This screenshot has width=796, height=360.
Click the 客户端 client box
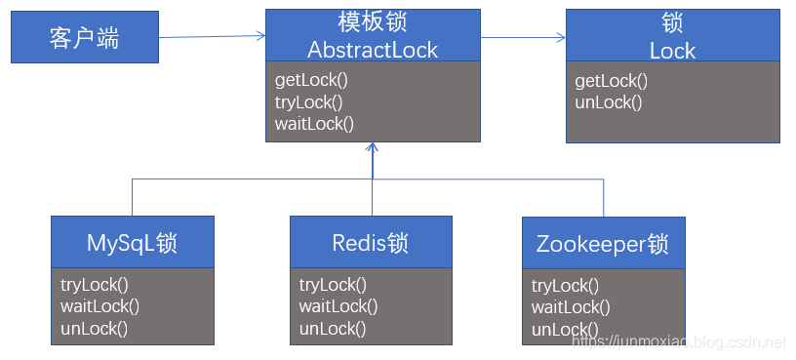tap(84, 38)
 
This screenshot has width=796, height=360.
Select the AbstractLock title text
tap(373, 50)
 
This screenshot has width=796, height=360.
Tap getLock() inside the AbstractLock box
tap(311, 80)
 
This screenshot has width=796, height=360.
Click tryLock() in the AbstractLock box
tap(309, 101)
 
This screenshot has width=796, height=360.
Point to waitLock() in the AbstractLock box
tap(314, 123)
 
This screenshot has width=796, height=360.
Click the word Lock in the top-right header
tap(672, 51)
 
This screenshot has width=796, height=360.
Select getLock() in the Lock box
tap(612, 81)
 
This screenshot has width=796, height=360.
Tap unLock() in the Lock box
tap(609, 102)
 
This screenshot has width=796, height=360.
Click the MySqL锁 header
tap(133, 242)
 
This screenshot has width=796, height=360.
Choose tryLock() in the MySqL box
tap(95, 285)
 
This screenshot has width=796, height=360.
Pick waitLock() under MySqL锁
tap(99, 306)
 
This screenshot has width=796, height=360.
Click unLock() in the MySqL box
tap(94, 328)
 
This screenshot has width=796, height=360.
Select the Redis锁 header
tap(371, 242)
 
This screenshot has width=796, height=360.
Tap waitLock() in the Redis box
tap(338, 306)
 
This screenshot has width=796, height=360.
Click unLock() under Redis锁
tap(333, 328)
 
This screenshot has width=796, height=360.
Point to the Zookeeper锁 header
tap(603, 243)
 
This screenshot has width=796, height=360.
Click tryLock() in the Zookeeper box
tap(566, 286)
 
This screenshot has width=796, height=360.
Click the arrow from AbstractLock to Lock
tap(523, 38)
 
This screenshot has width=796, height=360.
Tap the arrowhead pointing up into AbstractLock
tap(372, 148)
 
